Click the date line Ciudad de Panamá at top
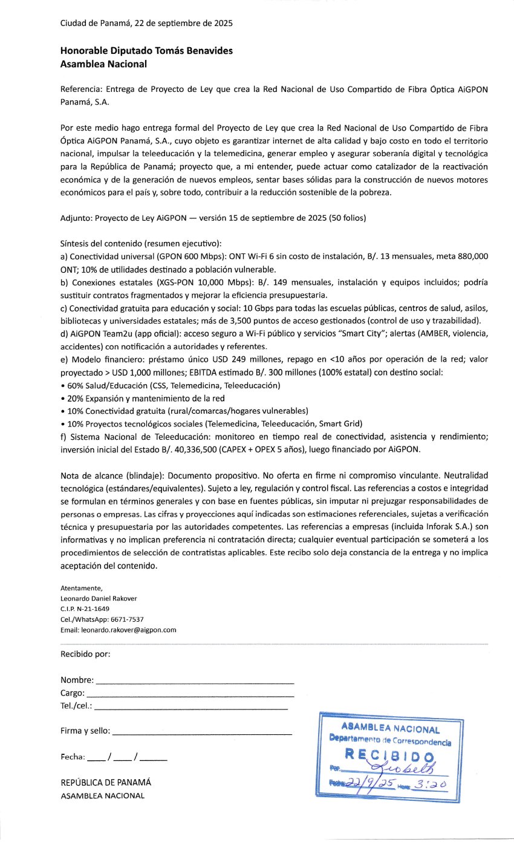(x=146, y=24)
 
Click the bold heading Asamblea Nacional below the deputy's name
(x=103, y=64)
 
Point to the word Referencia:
(x=81, y=89)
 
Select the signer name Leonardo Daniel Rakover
(x=99, y=598)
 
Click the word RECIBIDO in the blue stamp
(x=389, y=756)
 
